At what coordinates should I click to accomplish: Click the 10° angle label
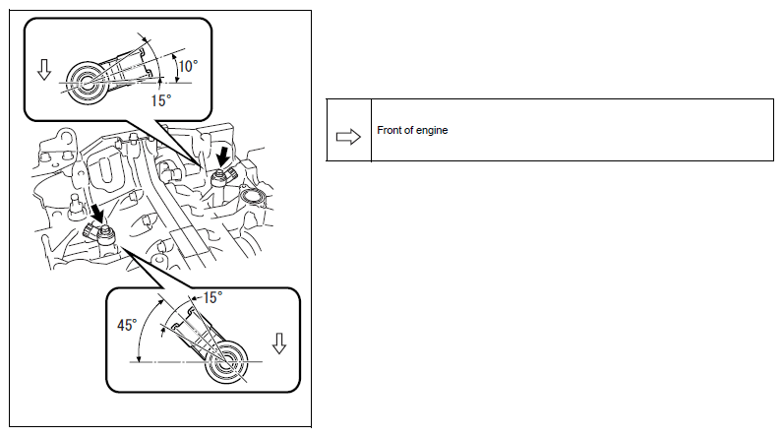188,66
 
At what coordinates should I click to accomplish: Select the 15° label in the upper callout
160,100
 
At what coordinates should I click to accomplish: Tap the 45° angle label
127,325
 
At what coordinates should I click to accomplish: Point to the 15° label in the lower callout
212,297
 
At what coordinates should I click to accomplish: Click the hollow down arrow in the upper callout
44,70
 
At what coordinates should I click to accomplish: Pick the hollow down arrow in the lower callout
279,343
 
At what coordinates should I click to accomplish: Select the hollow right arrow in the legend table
348,137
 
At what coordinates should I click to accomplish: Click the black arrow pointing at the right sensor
222,156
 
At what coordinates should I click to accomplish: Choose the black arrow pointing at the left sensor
98,213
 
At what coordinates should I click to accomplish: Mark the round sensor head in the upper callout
87,83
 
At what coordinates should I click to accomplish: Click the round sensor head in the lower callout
226,362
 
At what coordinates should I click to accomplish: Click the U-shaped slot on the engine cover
103,170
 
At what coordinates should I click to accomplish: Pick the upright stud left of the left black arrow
75,205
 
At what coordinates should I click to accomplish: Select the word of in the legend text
408,130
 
